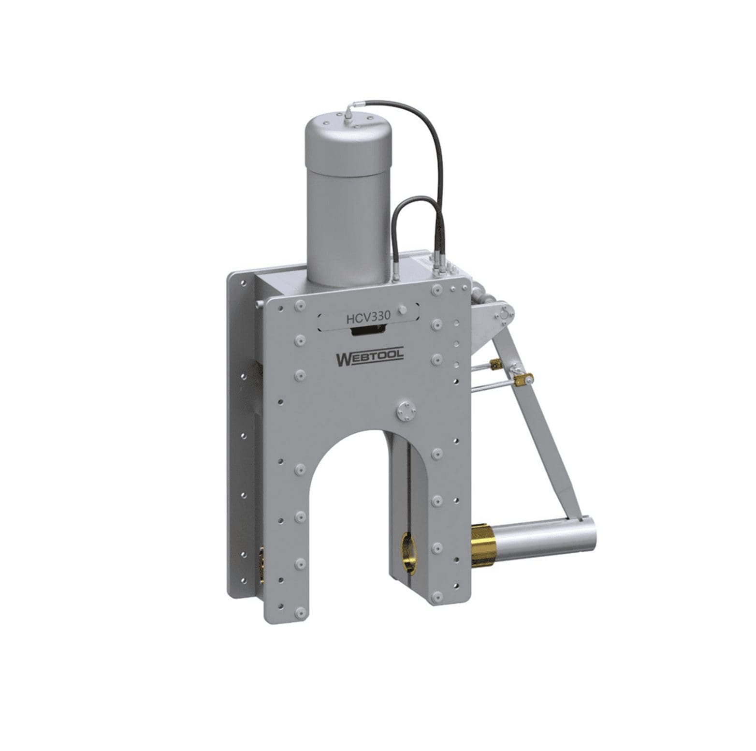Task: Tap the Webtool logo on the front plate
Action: click(x=369, y=359)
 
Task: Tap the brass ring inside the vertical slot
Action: click(x=409, y=552)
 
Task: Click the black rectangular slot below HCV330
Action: click(x=368, y=331)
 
